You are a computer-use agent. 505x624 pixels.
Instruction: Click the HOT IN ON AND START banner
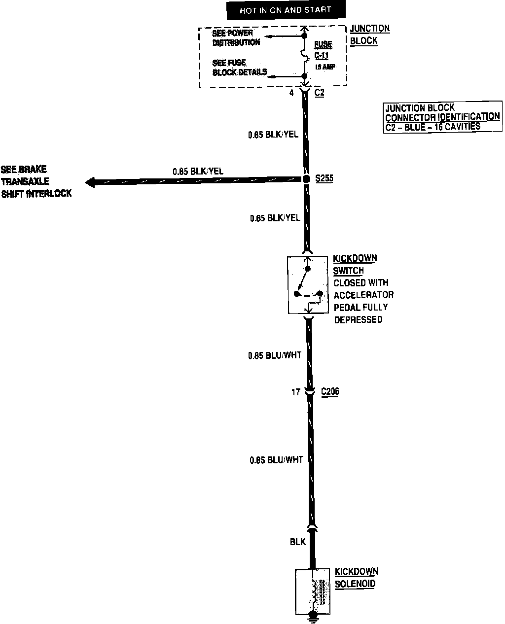coord(286,10)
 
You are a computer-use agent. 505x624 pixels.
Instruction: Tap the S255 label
coord(324,178)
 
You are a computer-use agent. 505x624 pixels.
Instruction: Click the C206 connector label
coord(330,392)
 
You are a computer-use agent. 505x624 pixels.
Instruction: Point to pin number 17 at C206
coord(295,392)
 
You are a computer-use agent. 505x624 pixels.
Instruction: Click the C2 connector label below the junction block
coord(319,92)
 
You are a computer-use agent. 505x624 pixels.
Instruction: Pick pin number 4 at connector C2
coord(291,92)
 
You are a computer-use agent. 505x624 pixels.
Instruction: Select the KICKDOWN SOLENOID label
coord(356,578)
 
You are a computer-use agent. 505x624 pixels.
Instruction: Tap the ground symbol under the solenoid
coord(312,616)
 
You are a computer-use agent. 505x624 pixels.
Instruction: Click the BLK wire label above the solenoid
coord(298,542)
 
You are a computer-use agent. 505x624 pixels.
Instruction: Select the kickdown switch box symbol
coord(308,285)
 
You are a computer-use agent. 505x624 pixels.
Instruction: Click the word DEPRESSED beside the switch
coord(358,319)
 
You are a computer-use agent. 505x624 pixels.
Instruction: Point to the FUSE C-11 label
coord(323,50)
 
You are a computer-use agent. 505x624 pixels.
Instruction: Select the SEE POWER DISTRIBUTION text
coord(236,38)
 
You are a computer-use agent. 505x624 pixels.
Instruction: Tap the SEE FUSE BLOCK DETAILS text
coord(239,68)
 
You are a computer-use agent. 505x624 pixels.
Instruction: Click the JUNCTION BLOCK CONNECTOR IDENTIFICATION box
coord(442,117)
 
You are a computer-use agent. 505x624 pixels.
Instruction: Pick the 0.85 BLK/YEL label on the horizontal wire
coord(198,171)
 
